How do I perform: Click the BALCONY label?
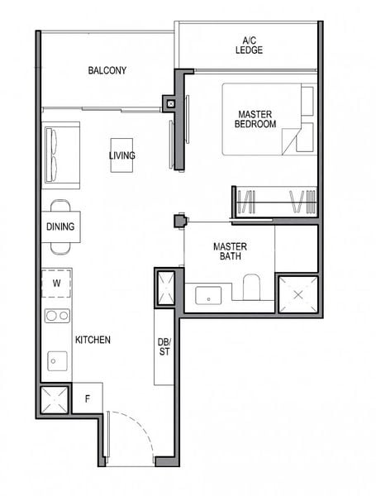point(107,70)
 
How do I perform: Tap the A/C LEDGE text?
point(249,45)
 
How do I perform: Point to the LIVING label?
point(122,155)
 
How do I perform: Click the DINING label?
point(60,227)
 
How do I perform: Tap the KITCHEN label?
point(93,340)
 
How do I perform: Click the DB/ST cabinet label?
point(164,348)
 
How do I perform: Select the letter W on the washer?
point(56,283)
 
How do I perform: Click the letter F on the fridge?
point(88,399)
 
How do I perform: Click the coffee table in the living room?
point(121,155)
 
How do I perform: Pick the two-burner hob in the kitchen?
point(56,315)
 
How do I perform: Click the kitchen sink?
point(56,359)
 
